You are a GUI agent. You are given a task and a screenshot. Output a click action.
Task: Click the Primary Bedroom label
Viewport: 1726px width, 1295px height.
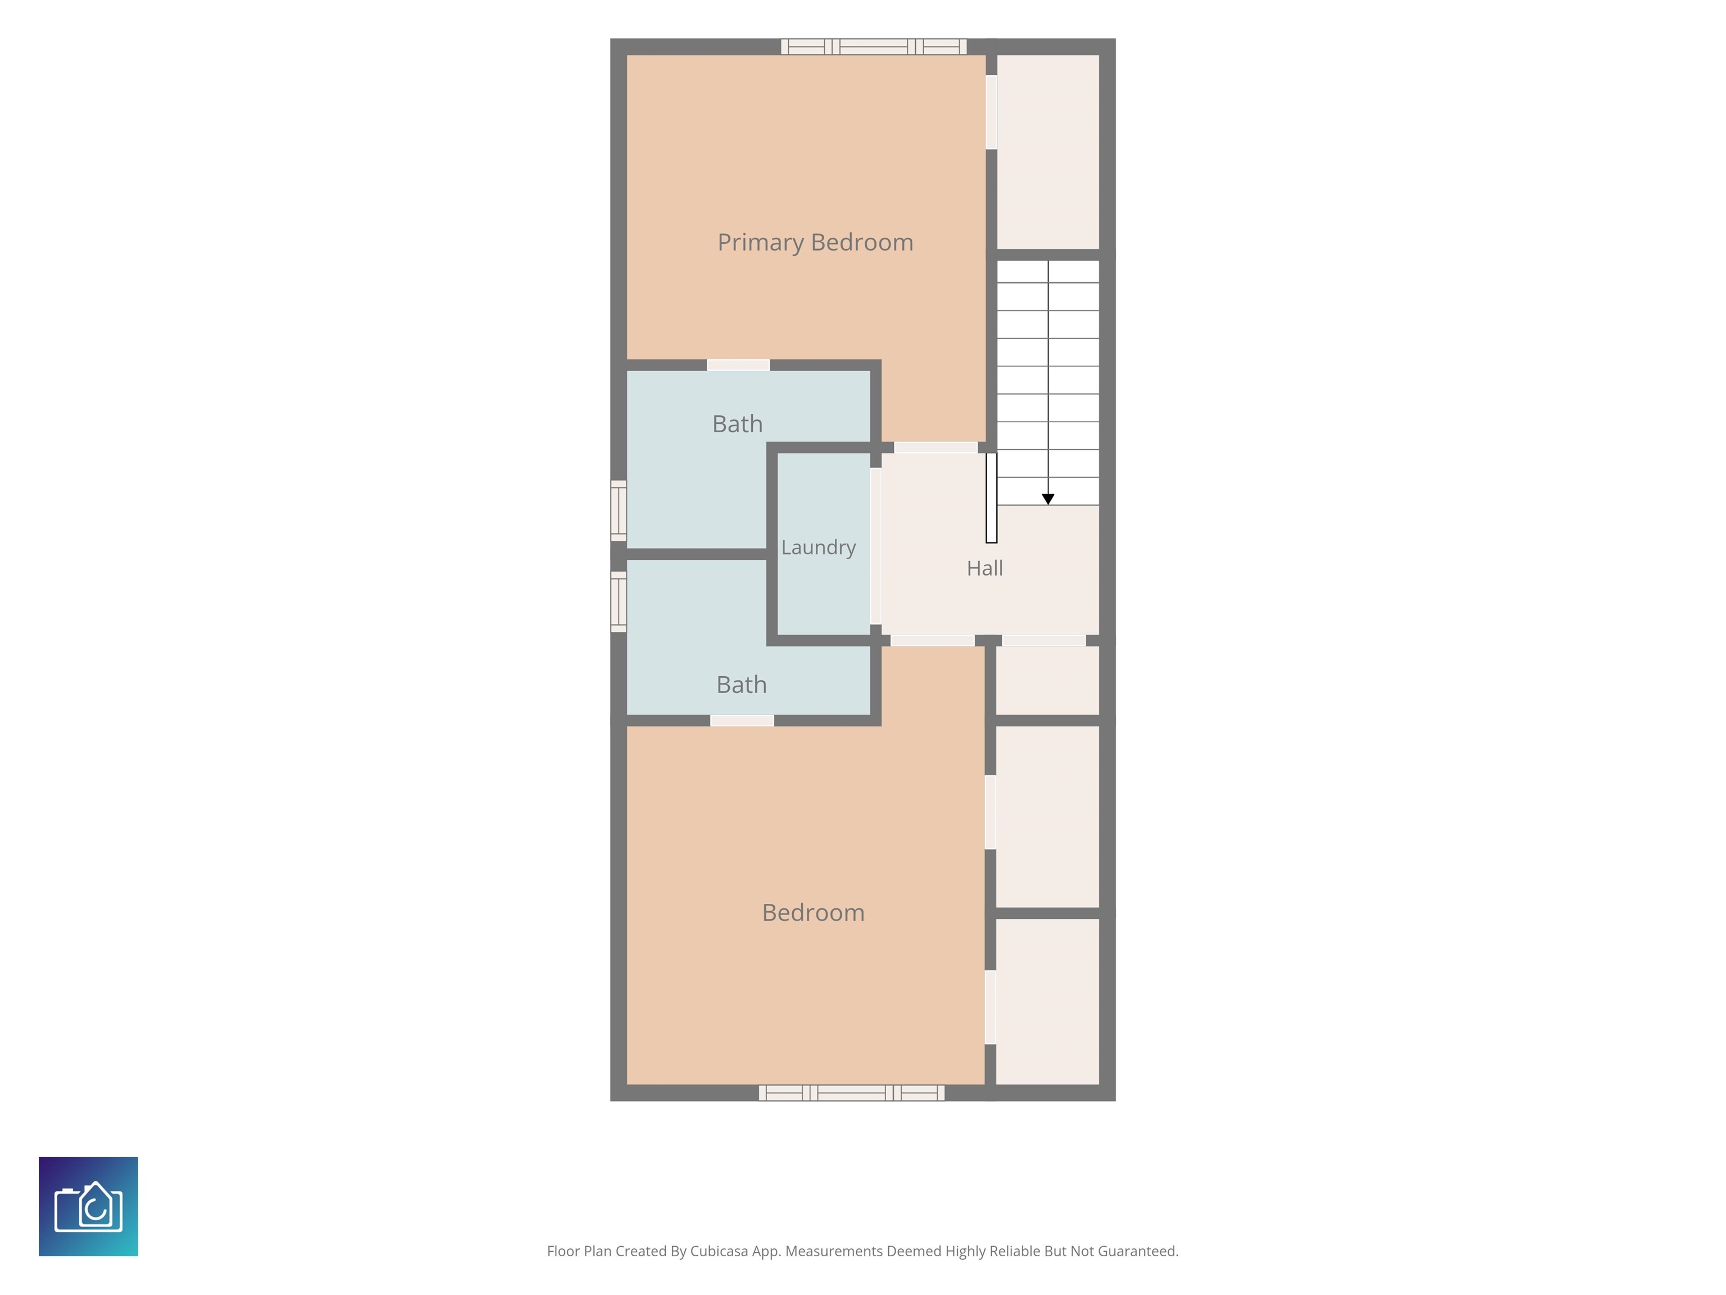pos(815,243)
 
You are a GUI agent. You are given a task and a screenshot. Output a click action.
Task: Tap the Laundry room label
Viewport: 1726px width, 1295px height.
pos(819,548)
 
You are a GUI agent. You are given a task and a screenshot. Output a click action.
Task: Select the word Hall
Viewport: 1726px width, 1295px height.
pos(985,568)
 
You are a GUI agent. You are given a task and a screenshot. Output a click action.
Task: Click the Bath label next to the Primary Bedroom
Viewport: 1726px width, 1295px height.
pos(737,424)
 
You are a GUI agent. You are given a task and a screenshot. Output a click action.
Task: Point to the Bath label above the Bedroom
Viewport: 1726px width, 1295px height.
pos(741,685)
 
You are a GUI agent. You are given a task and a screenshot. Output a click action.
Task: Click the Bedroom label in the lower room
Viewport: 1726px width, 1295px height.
pos(813,912)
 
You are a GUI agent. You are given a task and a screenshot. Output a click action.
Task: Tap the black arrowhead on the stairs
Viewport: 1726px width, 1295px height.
pos(1048,499)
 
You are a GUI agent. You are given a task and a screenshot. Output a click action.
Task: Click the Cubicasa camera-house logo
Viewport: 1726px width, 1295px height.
pos(88,1206)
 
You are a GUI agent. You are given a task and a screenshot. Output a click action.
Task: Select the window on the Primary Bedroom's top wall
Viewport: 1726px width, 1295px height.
pos(874,47)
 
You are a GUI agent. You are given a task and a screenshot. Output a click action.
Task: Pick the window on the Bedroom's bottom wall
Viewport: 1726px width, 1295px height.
pos(851,1093)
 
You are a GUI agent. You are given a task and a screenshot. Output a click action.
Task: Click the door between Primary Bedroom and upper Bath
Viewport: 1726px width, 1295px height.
pos(738,365)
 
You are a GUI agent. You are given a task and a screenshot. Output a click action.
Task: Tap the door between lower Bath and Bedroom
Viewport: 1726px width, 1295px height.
pos(742,721)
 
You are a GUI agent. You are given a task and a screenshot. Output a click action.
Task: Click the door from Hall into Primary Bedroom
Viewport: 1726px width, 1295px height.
pos(935,447)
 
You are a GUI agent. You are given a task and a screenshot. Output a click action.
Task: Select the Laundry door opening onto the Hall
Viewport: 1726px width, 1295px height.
pos(875,546)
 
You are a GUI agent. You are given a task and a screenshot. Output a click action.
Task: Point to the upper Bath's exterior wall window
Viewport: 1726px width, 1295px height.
pos(618,510)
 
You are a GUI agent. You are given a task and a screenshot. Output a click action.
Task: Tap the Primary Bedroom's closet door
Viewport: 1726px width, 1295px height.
pos(991,112)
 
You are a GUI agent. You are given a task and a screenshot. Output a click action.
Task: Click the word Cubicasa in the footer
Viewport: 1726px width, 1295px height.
pos(719,1251)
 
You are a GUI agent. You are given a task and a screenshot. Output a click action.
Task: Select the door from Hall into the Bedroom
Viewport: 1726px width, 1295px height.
pos(933,641)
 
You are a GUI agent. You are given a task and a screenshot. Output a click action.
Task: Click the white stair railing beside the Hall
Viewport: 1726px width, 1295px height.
pos(991,498)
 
